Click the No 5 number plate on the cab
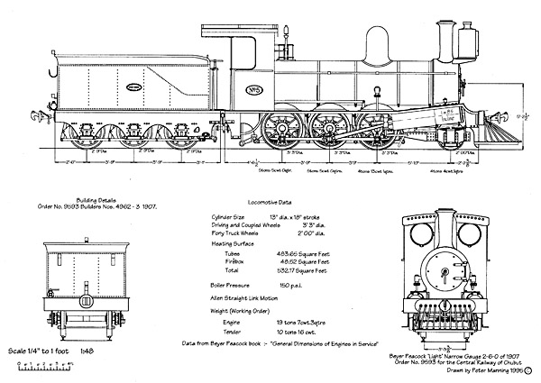tap(255, 88)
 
